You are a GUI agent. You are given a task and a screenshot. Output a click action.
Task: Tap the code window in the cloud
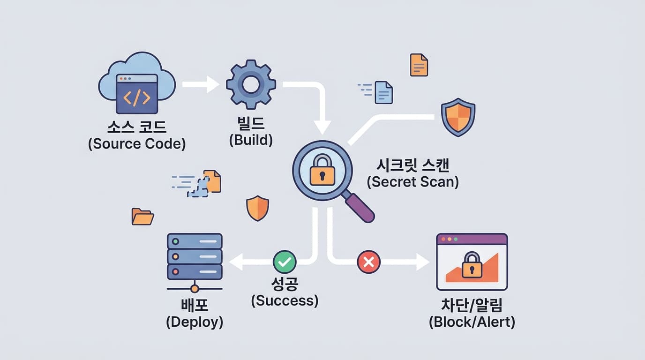click(x=136, y=94)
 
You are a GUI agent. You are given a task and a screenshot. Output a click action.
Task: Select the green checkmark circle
click(x=285, y=262)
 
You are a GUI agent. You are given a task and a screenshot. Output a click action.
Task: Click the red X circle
click(x=369, y=262)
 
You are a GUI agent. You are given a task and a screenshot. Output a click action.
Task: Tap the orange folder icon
click(x=142, y=217)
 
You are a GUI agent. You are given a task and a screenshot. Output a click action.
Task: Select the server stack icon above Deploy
click(x=194, y=257)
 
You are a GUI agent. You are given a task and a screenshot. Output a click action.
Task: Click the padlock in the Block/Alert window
click(x=472, y=266)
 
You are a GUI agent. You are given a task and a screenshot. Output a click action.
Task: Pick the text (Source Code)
click(x=136, y=144)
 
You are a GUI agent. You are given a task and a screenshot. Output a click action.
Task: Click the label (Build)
click(x=251, y=140)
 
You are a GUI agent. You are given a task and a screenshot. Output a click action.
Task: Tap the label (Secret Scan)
click(x=412, y=181)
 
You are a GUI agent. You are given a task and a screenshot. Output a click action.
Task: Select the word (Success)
click(x=285, y=300)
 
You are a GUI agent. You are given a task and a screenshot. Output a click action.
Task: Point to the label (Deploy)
click(x=195, y=322)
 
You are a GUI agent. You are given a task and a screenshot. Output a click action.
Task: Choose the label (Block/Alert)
click(x=472, y=322)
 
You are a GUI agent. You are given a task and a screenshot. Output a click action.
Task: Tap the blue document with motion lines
click(x=383, y=92)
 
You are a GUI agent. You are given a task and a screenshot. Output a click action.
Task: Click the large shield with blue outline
click(x=458, y=117)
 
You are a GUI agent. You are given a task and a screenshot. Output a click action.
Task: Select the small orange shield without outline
click(x=257, y=208)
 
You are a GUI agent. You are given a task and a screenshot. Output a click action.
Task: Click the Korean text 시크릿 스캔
click(x=412, y=165)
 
